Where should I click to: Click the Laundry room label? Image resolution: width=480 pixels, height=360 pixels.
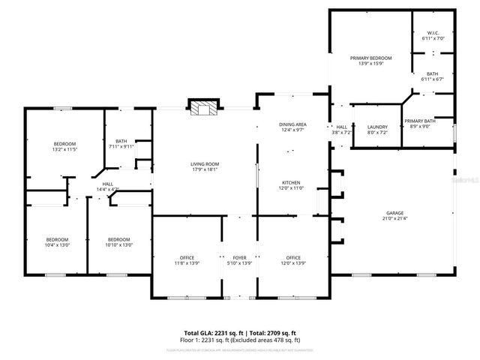tap(377, 127)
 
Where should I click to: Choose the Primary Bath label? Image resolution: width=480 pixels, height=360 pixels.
tap(420, 121)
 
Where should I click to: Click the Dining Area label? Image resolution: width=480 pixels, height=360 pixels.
tap(292, 124)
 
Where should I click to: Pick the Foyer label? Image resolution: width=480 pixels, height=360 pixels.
tap(239, 258)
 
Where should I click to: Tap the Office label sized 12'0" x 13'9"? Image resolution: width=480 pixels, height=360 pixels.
tap(292, 258)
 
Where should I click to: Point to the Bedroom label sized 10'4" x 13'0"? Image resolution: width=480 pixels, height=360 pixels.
tap(57, 240)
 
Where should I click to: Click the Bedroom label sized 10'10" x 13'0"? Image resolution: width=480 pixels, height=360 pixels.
tap(118, 240)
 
